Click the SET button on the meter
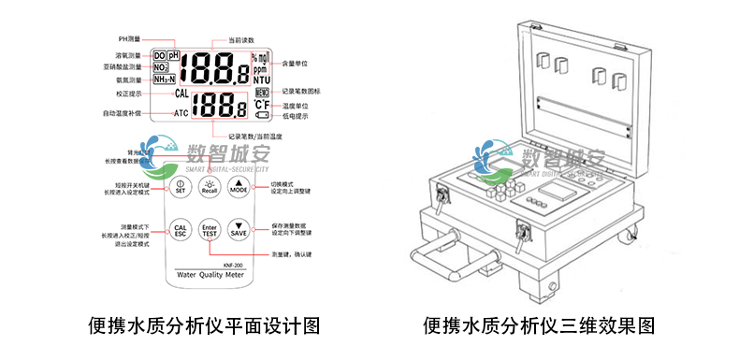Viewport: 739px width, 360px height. pos(180,187)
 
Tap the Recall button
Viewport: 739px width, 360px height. pos(209,187)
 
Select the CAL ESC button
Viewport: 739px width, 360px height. pos(180,229)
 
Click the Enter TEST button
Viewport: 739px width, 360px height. pos(209,230)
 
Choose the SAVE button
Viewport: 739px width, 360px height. pos(239,230)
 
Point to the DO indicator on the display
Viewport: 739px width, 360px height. pos(159,56)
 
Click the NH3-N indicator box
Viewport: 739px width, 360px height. pos(165,80)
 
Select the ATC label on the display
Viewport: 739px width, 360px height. pos(181,113)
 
